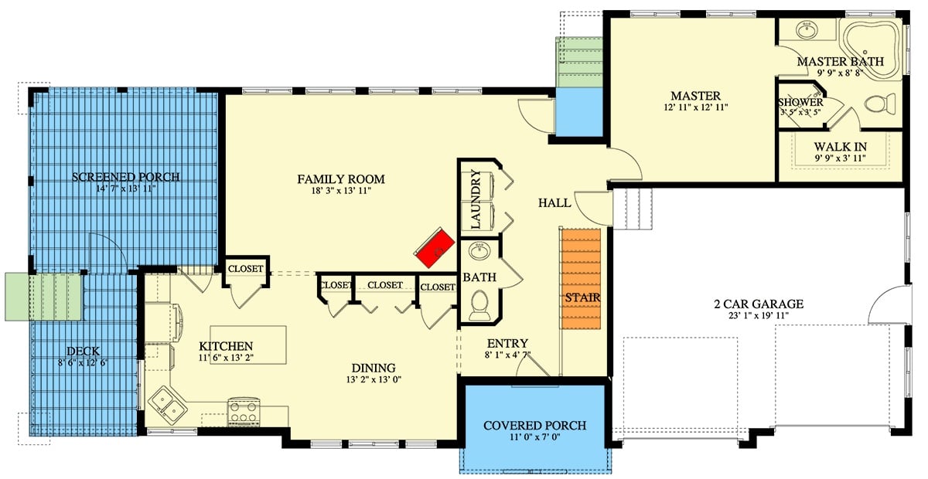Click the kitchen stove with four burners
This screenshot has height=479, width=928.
(243, 411)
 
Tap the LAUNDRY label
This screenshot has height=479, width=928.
(476, 200)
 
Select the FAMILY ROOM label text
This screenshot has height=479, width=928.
(341, 179)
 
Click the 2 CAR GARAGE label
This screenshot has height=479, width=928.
(758, 304)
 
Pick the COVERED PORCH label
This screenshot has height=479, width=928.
(534, 426)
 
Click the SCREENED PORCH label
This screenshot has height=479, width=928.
(125, 177)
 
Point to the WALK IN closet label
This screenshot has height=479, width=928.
(840, 146)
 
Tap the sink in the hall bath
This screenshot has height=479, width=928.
(479, 251)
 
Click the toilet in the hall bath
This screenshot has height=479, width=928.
(479, 303)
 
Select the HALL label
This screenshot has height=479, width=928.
(554, 202)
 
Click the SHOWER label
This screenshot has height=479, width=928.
(800, 102)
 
